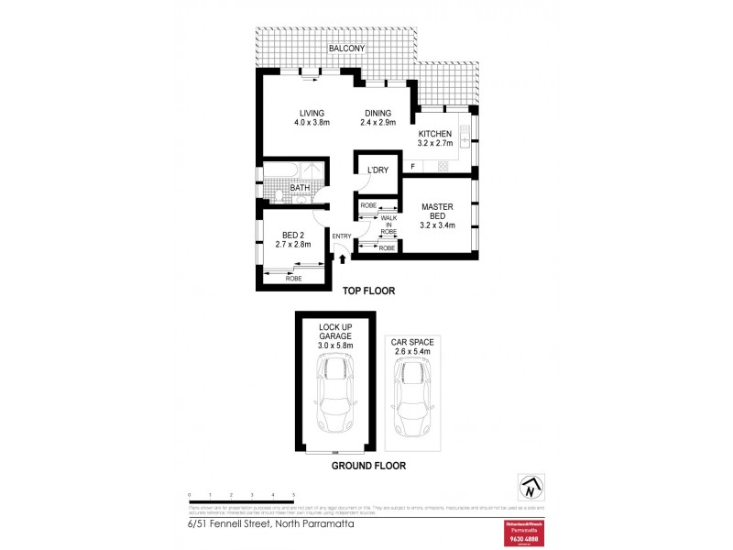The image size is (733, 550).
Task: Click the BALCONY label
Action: (x=346, y=49)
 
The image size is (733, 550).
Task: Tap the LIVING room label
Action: (x=312, y=113)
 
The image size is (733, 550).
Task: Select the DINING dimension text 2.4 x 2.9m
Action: (x=377, y=123)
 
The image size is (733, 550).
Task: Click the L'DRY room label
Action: (x=377, y=170)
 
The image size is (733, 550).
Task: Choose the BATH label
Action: (x=300, y=188)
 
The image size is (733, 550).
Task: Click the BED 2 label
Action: (x=293, y=234)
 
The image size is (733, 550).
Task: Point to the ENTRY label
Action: (x=342, y=237)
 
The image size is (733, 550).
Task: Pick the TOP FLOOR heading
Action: (x=368, y=291)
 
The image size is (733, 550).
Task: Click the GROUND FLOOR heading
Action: (x=368, y=466)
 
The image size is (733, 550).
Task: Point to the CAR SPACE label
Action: (x=412, y=346)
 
